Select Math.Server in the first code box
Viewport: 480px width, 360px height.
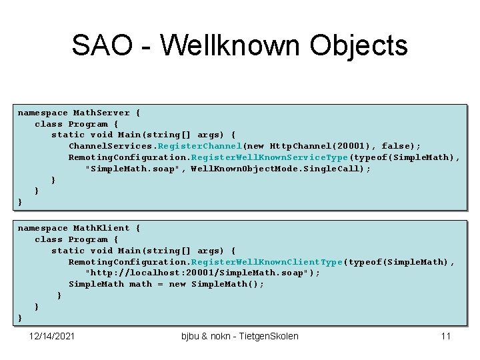(97, 113)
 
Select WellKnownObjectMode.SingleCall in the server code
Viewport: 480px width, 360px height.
(277, 169)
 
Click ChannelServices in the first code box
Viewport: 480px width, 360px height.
(110, 146)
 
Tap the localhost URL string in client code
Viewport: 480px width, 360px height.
(203, 273)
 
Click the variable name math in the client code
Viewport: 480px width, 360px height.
(141, 284)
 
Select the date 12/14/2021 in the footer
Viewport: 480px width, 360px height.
(53, 336)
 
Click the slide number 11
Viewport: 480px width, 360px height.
(446, 336)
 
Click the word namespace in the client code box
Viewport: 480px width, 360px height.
(43, 228)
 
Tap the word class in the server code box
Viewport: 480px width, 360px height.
(48, 124)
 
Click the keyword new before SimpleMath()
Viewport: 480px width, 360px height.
(177, 284)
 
